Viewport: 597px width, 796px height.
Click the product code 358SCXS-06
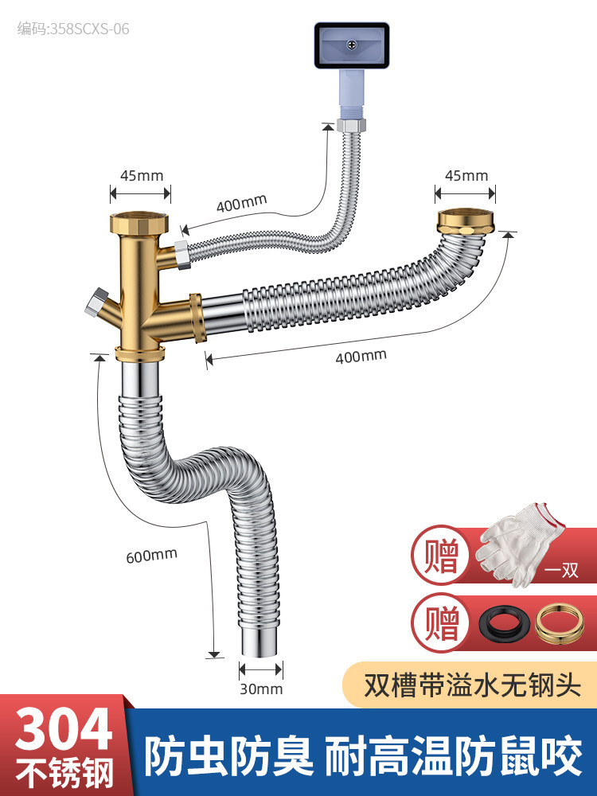(x=73, y=29)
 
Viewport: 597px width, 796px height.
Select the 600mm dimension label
(x=151, y=555)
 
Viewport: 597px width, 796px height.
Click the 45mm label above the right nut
(x=466, y=175)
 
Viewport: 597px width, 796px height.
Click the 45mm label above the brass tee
(x=140, y=175)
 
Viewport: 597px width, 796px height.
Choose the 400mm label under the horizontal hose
(x=361, y=356)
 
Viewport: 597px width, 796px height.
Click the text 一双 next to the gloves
(x=564, y=571)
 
